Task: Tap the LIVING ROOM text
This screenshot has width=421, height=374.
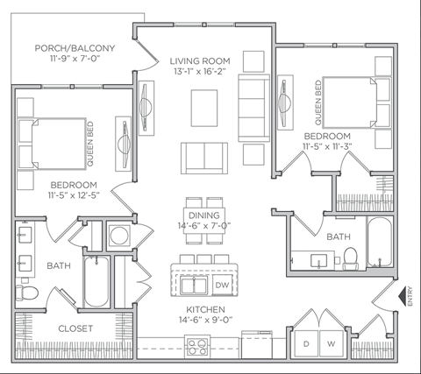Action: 200,60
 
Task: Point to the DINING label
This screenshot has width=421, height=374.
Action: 203,215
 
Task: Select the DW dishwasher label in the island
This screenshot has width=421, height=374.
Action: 221,285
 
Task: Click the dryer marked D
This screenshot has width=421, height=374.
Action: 307,343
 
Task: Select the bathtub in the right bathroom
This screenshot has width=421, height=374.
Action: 381,243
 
